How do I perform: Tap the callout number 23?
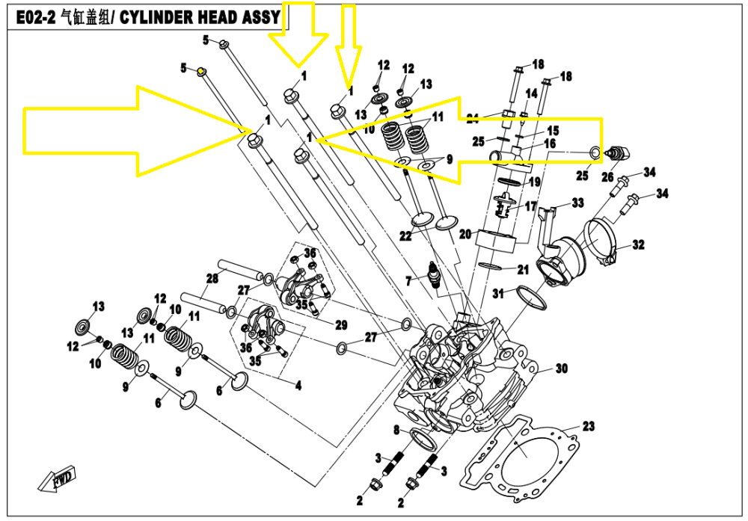pyautogui.click(x=589, y=427)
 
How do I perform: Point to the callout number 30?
pyautogui.click(x=562, y=369)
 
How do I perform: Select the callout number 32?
pyautogui.click(x=637, y=244)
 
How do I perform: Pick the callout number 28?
pyautogui.click(x=212, y=279)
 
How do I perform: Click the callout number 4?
pyautogui.click(x=298, y=386)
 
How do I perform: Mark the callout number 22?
pyautogui.click(x=405, y=236)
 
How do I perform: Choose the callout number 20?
pyautogui.click(x=464, y=233)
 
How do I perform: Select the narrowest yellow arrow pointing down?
pyautogui.click(x=348, y=45)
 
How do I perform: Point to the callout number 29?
pyautogui.click(x=341, y=324)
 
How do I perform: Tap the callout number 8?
pyautogui.click(x=397, y=429)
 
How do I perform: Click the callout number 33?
pyautogui.click(x=577, y=203)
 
